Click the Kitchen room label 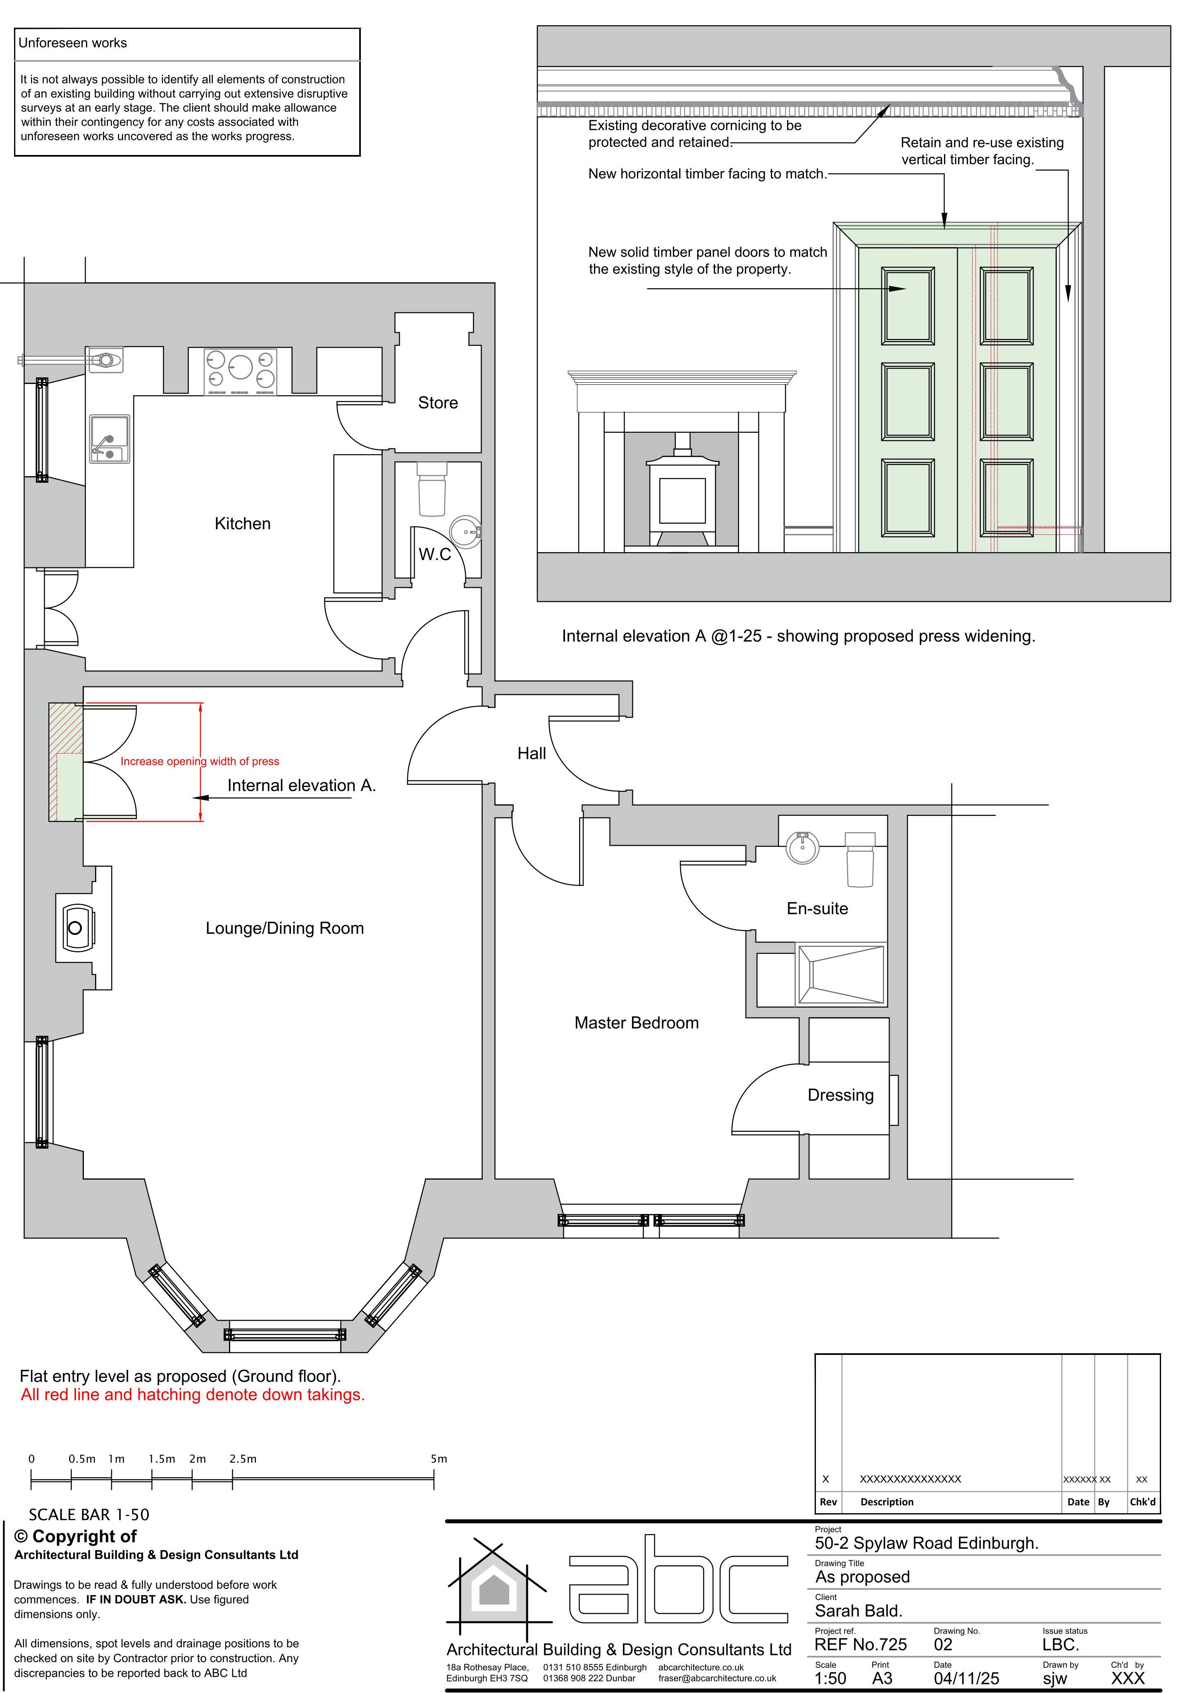click(x=243, y=524)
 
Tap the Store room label click(x=438, y=403)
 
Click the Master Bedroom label click(x=637, y=1023)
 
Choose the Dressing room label click(x=841, y=1095)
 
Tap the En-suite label click(x=817, y=908)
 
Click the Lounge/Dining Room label click(x=285, y=928)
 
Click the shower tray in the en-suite click(x=841, y=974)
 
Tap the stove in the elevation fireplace click(x=682, y=490)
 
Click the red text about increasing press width click(x=200, y=761)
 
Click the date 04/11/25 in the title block click(x=966, y=1678)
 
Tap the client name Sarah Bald click(x=858, y=1610)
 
